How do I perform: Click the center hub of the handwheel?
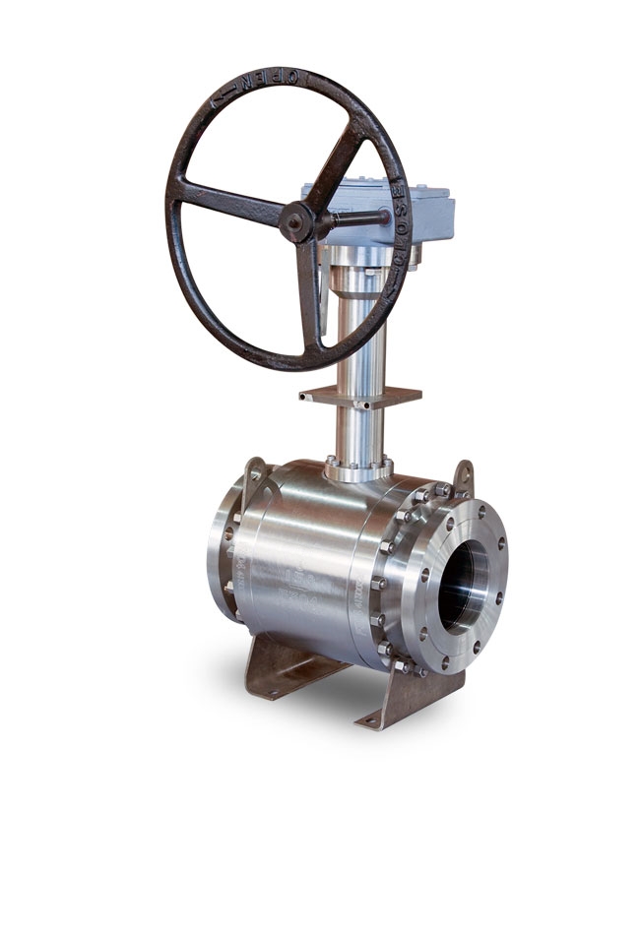point(295,222)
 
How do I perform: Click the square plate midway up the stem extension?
point(360,396)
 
